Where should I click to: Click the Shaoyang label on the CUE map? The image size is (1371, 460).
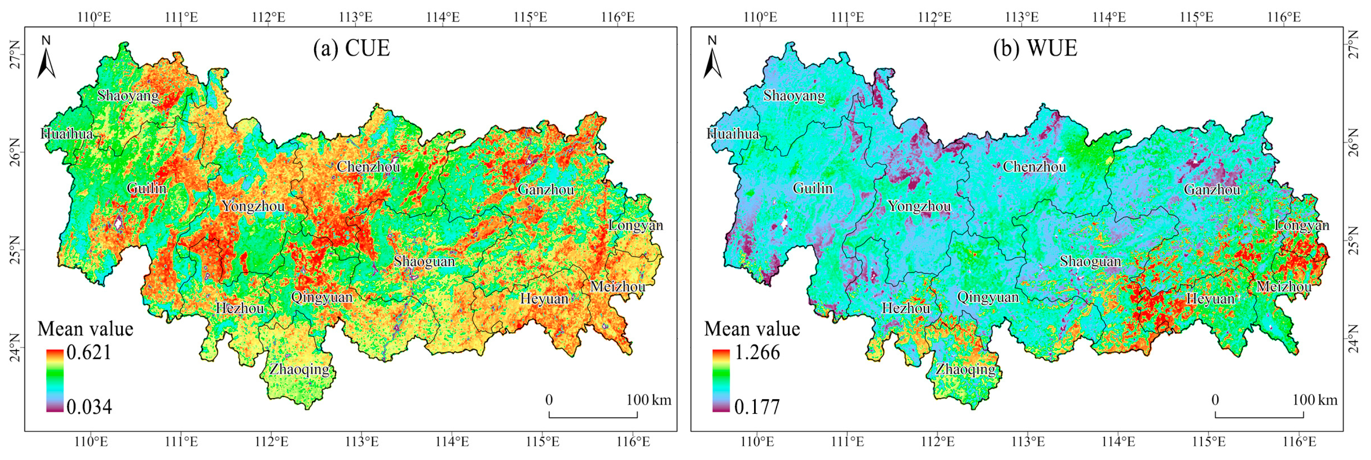click(128, 96)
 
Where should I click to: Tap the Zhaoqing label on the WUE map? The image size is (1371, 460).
click(965, 369)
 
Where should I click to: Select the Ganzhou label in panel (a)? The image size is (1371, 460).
click(545, 189)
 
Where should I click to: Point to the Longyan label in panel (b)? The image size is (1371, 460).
click(1301, 226)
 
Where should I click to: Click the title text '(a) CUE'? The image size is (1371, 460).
click(351, 48)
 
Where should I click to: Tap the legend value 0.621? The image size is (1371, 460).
click(89, 352)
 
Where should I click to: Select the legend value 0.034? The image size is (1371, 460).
click(89, 407)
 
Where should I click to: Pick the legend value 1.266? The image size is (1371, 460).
click(757, 352)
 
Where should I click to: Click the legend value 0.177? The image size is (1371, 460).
click(757, 407)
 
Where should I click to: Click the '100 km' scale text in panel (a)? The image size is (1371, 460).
click(648, 400)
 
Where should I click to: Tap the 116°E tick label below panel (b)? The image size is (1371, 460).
click(1299, 442)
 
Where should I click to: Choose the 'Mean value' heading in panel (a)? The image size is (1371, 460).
click(85, 329)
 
